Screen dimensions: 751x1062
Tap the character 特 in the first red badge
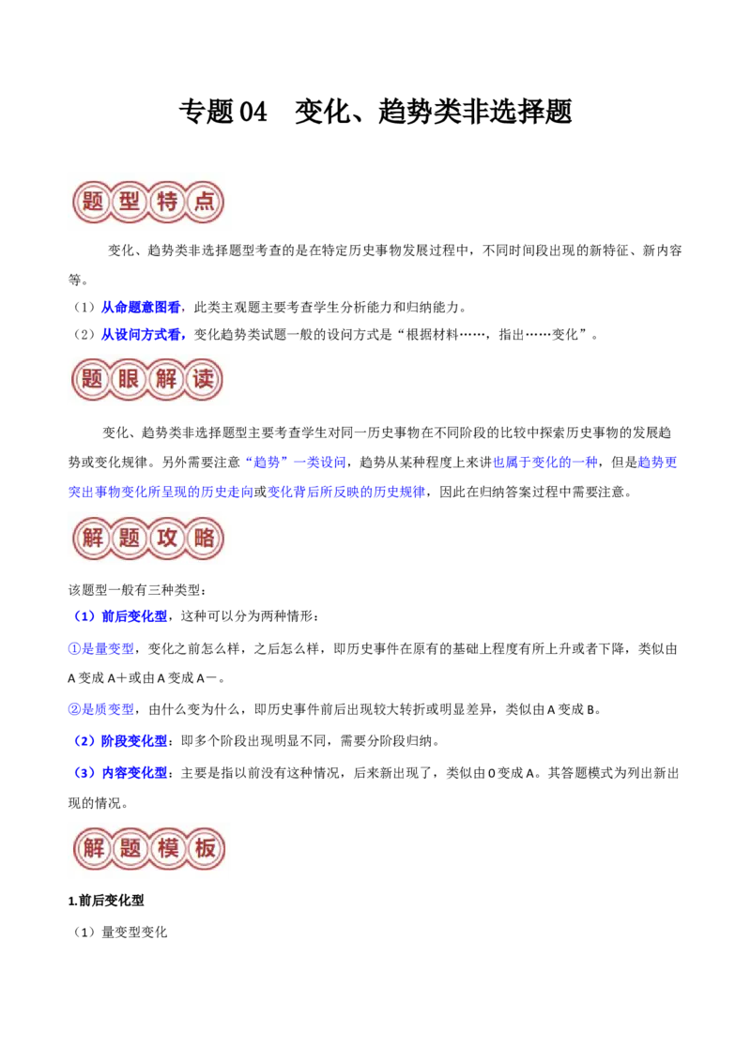point(167,201)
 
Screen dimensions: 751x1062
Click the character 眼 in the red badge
point(130,379)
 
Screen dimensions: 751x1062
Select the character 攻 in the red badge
point(167,538)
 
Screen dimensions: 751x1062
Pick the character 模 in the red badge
point(167,847)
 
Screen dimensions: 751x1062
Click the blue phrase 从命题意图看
point(140,308)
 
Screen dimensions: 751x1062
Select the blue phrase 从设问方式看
point(140,335)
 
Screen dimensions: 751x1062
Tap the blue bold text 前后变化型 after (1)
point(133,616)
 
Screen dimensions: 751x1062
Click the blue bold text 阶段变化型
point(133,741)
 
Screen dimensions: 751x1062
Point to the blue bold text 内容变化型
point(133,773)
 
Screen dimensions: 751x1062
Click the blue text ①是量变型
point(101,649)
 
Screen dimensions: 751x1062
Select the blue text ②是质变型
point(101,709)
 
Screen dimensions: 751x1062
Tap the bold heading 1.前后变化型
point(106,900)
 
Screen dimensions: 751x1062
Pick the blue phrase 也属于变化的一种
point(545,462)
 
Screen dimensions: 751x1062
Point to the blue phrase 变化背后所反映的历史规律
point(346,492)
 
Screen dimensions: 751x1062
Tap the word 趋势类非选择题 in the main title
point(475,112)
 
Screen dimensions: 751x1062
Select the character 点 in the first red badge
point(204,201)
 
